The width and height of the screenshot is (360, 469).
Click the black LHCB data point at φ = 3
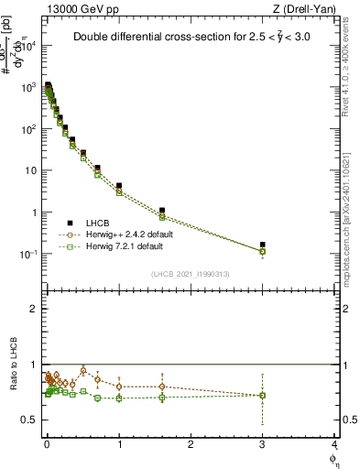[x=263, y=245]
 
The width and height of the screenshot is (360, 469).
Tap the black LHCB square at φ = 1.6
[x=162, y=211]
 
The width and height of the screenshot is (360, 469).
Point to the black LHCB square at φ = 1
[x=119, y=186]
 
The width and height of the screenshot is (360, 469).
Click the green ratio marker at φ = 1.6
[x=162, y=397]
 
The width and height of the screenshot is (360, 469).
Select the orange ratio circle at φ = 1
[x=119, y=387]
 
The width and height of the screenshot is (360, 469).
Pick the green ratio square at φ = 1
[x=119, y=398]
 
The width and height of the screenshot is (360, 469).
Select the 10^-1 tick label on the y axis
[x=31, y=254]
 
